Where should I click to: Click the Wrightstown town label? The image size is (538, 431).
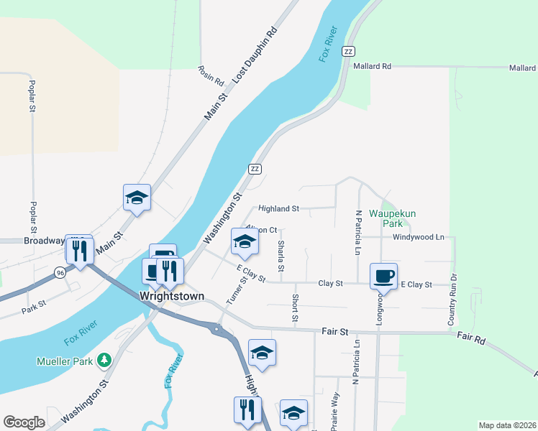click(x=172, y=296)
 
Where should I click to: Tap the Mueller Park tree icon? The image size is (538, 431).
click(x=105, y=358)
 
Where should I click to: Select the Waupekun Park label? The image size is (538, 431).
click(x=393, y=218)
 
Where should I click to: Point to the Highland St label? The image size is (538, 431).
click(x=278, y=209)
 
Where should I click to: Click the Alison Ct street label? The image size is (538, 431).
click(x=262, y=230)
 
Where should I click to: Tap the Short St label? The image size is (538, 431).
click(x=296, y=307)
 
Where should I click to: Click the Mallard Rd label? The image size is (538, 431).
click(x=372, y=66)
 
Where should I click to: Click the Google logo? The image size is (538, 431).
click(x=24, y=422)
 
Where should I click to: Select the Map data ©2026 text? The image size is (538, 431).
click(x=507, y=425)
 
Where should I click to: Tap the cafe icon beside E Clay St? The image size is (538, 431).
click(x=383, y=276)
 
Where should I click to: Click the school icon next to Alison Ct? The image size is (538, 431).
click(x=245, y=242)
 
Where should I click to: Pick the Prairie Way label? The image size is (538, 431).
click(x=334, y=412)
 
